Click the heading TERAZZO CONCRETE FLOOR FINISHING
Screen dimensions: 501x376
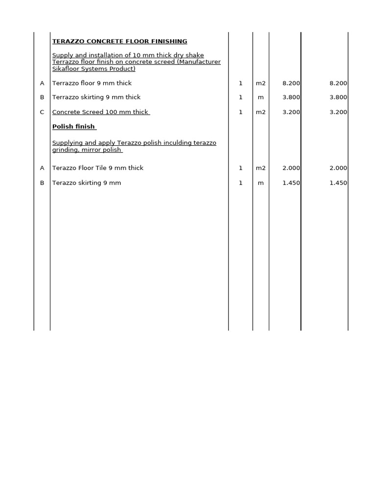[x=119, y=42]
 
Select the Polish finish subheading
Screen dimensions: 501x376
[x=73, y=127]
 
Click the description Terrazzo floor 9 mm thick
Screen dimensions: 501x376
[x=92, y=83]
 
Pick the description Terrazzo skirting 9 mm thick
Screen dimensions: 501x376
[x=96, y=97]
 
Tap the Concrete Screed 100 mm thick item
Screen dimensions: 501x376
[x=100, y=112]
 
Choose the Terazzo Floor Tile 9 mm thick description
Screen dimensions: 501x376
[x=98, y=168]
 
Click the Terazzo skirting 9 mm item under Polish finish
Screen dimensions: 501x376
[x=87, y=183]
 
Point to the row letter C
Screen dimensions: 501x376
[x=42, y=112]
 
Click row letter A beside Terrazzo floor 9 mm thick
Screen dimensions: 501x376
[x=42, y=83]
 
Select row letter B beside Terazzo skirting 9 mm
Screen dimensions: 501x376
[x=42, y=183]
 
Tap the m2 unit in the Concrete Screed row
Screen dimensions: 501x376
[x=260, y=112]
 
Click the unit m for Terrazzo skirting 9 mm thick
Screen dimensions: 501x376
[x=260, y=97]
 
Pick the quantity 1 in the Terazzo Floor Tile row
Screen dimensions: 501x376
[x=240, y=168]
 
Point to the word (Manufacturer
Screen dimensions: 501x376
[x=199, y=62]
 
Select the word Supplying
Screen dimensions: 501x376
[x=68, y=143]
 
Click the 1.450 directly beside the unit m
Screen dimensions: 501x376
[x=291, y=183]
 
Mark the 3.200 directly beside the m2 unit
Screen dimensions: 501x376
[x=291, y=112]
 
